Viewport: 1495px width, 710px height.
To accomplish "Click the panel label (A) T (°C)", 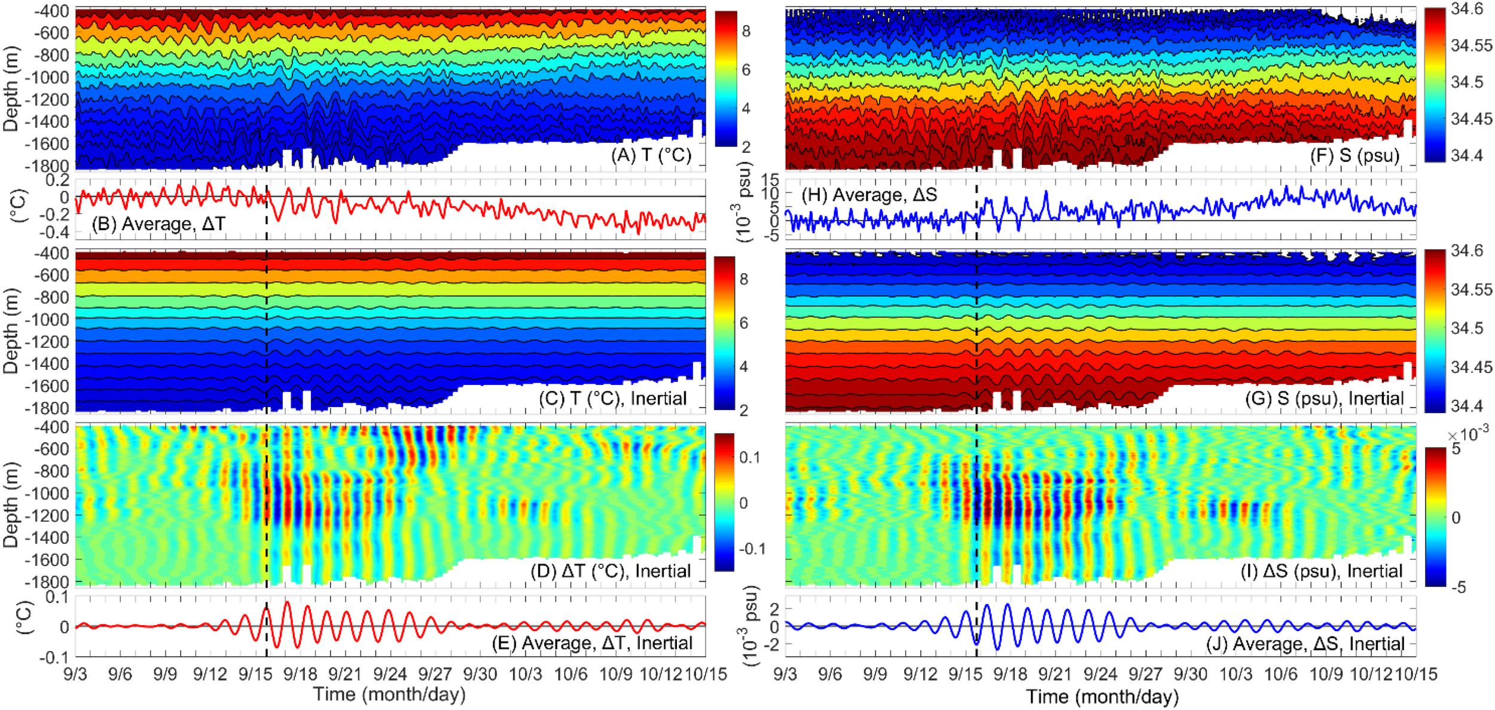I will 651,155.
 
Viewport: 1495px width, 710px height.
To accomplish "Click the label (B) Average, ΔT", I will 158,224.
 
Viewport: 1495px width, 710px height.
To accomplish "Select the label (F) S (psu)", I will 1354,155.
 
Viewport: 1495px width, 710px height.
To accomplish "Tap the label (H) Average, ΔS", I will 868,195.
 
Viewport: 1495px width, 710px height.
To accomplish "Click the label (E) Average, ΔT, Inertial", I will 591,643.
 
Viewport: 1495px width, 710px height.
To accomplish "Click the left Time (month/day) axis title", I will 389,694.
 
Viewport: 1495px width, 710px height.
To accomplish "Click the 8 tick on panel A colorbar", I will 746,32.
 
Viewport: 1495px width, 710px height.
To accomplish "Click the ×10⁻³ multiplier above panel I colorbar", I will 1469,434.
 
